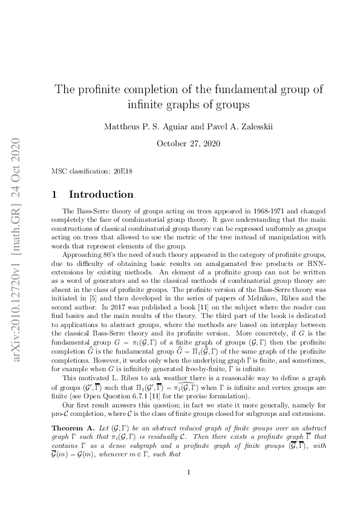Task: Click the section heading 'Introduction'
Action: tap(101, 195)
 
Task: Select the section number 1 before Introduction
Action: tap(55, 195)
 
